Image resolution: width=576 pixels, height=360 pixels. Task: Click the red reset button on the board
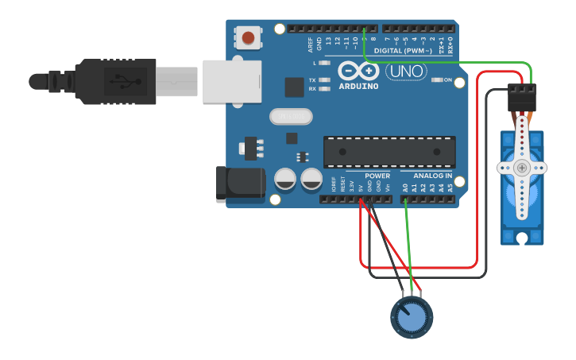tap(249, 38)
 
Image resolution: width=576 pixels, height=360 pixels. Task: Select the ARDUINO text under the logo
tap(358, 86)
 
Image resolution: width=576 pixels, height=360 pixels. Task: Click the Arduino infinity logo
tap(358, 71)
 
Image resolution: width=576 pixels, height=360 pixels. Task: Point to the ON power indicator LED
tap(437, 80)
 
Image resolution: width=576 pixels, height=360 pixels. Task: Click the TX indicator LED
tap(324, 80)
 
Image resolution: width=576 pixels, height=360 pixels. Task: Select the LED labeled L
tap(324, 62)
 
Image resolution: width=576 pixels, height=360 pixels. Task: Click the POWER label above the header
tap(377, 176)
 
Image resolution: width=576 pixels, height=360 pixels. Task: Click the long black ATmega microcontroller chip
tap(389, 151)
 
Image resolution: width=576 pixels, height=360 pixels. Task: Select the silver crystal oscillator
tap(291, 117)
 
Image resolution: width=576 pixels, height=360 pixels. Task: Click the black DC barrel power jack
tap(241, 184)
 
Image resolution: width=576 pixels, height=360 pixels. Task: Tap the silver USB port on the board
tap(231, 81)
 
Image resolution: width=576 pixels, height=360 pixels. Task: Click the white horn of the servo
tap(522, 168)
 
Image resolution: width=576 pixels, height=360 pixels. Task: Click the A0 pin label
tap(405, 188)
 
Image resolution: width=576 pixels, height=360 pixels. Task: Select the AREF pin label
tap(311, 45)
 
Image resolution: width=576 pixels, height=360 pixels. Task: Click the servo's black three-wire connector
tap(522, 97)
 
